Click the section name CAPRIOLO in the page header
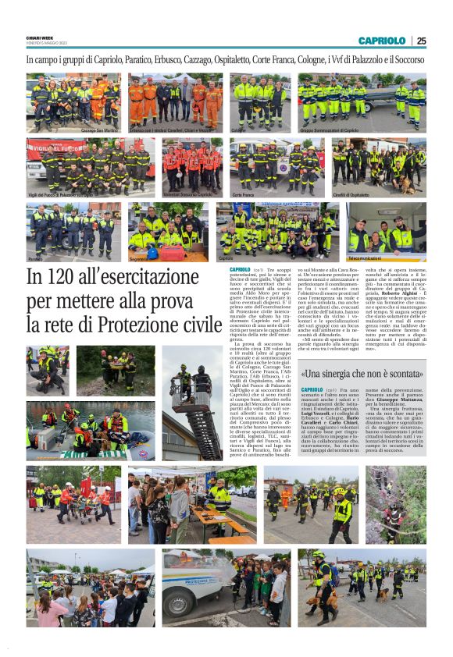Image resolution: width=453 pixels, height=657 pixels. point(382,41)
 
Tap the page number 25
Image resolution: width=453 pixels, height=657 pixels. point(422,41)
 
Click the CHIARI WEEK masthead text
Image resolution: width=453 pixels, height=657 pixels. point(41,40)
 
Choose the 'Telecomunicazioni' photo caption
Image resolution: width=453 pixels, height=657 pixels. point(366,257)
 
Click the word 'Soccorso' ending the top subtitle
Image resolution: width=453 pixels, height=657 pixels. point(406,59)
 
